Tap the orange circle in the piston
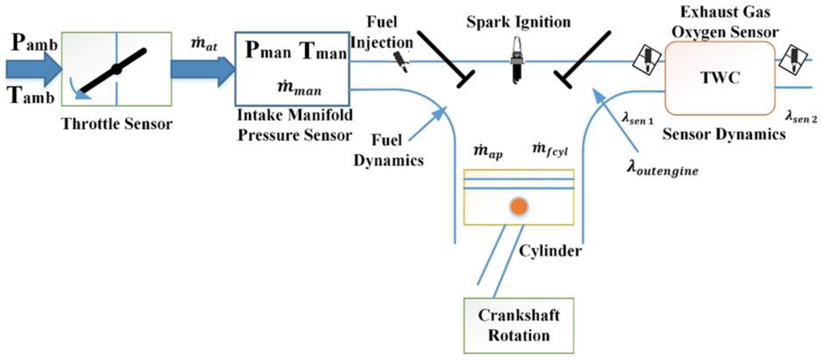[519, 206]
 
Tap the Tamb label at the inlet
[31, 96]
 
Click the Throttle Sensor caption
[117, 124]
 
